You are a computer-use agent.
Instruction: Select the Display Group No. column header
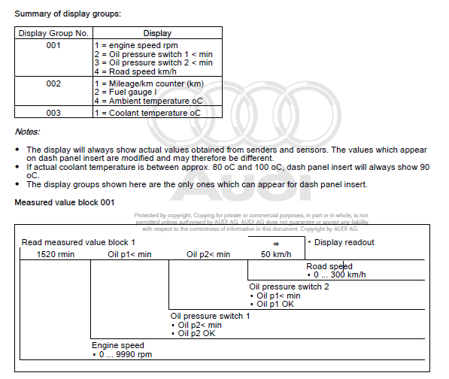tap(53, 33)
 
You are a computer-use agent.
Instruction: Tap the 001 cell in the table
tap(53, 44)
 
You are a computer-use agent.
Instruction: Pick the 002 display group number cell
tap(53, 83)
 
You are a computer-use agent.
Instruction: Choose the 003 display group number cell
tap(53, 112)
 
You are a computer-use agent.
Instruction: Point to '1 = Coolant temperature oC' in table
tap(147, 112)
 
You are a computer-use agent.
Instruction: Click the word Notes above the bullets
tap(29, 132)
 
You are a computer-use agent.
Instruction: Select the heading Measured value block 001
tap(65, 203)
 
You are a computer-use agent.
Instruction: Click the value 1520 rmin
tap(56, 255)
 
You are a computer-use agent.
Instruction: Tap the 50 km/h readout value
tap(276, 255)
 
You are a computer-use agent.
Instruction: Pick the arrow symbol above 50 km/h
tap(275, 244)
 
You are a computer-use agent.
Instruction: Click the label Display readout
tap(344, 242)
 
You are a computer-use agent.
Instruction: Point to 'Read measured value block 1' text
tap(79, 242)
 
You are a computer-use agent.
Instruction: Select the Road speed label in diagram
tap(329, 267)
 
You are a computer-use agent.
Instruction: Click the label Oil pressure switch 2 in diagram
tap(290, 287)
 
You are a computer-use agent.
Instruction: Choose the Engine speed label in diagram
tap(118, 345)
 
